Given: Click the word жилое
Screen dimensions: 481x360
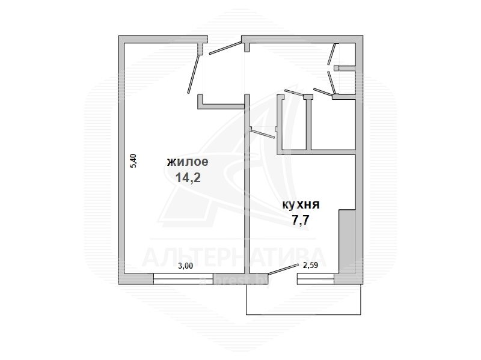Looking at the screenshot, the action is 188,162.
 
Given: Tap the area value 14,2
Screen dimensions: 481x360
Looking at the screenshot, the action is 188,177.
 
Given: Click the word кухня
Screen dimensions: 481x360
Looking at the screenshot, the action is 301,205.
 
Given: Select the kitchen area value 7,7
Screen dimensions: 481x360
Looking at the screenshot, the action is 300,220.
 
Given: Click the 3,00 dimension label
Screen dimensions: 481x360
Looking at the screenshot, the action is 186,266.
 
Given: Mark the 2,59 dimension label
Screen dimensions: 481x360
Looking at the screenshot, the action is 310,266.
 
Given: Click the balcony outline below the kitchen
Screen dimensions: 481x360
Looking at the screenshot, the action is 304,314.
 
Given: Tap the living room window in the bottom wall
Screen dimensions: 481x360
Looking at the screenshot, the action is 183,279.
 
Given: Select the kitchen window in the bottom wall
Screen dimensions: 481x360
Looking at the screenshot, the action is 316,279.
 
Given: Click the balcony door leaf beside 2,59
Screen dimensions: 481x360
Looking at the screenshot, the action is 283,269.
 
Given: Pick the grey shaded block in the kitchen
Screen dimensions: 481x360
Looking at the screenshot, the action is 348,242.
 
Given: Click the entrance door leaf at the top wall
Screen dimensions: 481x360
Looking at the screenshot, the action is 225,48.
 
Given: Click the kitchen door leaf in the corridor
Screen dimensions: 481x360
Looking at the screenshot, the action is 262,134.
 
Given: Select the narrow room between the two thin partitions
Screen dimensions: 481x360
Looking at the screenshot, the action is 294,123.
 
